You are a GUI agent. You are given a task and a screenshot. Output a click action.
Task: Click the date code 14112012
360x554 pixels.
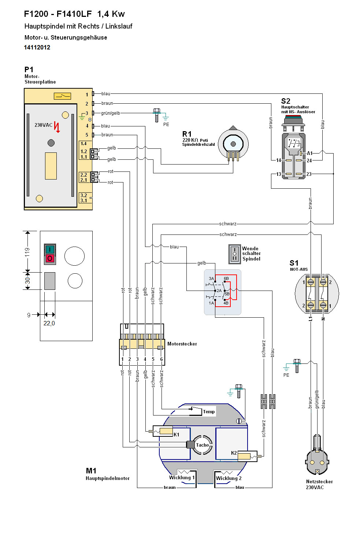tap(37, 47)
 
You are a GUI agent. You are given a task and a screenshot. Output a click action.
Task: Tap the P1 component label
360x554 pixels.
tap(29, 70)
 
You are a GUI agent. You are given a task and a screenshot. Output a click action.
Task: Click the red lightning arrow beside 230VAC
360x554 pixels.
tap(57, 127)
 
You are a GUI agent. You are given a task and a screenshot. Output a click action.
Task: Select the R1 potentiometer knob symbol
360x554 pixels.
tap(233, 144)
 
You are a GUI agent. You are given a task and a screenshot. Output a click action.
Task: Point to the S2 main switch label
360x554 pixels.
tap(286, 101)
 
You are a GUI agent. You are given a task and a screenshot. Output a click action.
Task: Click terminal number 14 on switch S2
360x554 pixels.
tap(279, 160)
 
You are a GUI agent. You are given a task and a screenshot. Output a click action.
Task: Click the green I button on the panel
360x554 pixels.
tap(50, 250)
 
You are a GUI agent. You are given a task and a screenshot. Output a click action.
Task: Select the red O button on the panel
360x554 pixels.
tap(50, 259)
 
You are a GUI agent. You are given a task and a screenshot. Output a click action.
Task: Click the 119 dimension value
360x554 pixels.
tap(27, 252)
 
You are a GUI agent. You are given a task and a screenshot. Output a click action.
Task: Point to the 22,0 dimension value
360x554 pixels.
tap(49, 323)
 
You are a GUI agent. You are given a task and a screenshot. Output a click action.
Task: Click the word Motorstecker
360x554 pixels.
tap(182, 344)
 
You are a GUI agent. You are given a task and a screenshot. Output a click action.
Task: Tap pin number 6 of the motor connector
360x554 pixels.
tap(161, 359)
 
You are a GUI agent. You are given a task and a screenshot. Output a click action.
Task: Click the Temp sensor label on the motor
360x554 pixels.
tap(209, 411)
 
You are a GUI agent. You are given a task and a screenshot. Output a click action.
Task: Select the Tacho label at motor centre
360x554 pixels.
tap(202, 445)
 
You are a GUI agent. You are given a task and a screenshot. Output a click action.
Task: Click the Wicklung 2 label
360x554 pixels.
tap(229, 478)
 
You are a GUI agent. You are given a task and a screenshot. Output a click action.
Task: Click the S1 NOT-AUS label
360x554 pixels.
tap(294, 263)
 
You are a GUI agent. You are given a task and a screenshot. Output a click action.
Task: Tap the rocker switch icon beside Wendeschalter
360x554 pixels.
tap(234, 254)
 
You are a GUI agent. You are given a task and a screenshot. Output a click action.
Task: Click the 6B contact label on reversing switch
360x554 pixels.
tap(226, 278)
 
